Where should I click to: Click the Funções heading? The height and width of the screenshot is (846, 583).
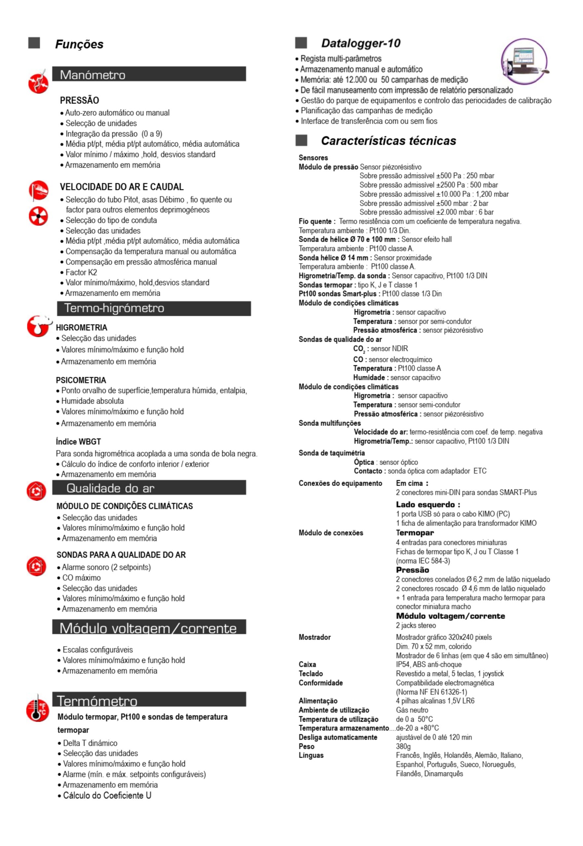tap(79, 44)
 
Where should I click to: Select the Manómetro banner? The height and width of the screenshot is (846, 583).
tap(149, 74)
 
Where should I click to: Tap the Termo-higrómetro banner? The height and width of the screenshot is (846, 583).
tap(154, 308)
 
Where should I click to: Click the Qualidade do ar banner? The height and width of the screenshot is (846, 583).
tap(149, 488)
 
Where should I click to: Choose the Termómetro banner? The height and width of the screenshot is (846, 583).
tap(149, 700)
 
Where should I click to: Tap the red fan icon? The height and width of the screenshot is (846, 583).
tap(38, 216)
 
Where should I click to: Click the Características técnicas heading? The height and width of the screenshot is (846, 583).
tap(388, 141)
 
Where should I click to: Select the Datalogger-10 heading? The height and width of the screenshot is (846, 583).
tap(361, 44)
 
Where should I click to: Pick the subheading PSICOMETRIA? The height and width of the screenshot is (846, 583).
tap(81, 380)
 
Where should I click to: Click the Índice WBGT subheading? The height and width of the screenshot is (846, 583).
tap(78, 442)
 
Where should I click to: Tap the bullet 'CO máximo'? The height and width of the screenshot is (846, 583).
tap(81, 578)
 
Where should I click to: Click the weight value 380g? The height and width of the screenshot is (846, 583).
tap(403, 746)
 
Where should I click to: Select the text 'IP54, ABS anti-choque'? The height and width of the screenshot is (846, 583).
tap(428, 664)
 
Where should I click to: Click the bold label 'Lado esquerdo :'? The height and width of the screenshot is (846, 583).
tap(428, 505)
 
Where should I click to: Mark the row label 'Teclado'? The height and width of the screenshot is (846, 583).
tap(310, 673)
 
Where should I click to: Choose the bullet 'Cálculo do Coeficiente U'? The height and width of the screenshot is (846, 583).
tap(107, 795)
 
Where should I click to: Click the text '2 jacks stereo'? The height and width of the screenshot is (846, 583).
tap(416, 625)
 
